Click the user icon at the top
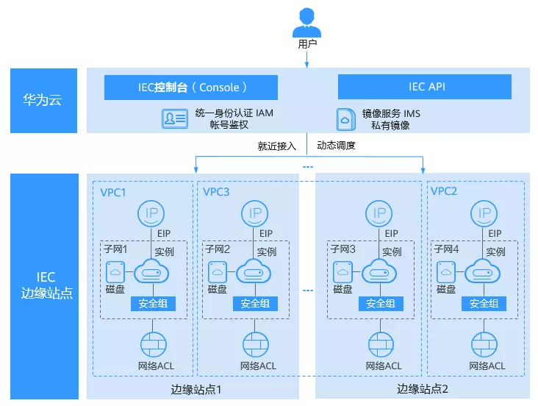(x=307, y=21)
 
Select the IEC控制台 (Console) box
(x=190, y=87)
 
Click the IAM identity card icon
(x=175, y=118)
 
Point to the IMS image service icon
(x=345, y=119)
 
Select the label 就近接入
(x=276, y=146)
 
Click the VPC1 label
(x=114, y=192)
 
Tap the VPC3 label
(x=216, y=192)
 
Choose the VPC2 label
(x=444, y=192)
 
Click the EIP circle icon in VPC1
(x=152, y=214)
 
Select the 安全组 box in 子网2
(x=255, y=303)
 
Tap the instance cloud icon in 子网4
(x=484, y=272)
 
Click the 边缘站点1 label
(x=195, y=388)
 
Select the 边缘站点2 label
(x=423, y=388)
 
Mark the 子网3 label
(x=342, y=250)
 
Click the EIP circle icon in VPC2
(x=484, y=214)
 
